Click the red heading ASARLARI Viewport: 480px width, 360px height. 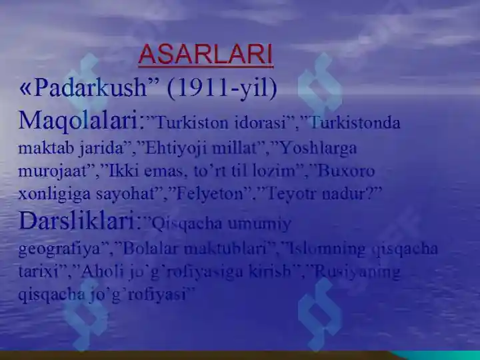pos(205,55)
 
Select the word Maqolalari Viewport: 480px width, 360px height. pos(79,121)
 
